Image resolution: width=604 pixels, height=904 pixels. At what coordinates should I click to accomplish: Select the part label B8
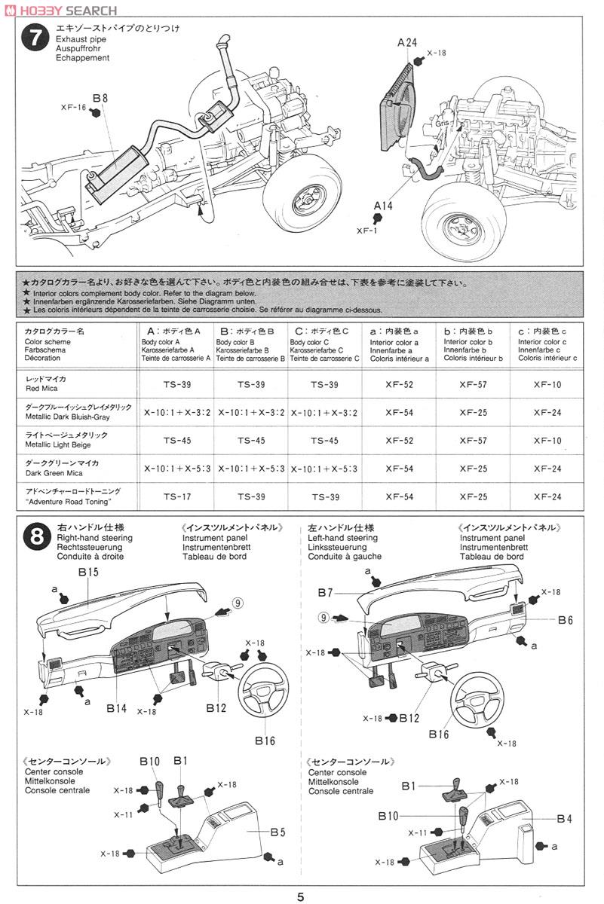(x=101, y=98)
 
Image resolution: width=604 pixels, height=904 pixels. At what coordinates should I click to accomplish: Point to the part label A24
(x=407, y=42)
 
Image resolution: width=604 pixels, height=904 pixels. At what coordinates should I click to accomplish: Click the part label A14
(x=384, y=205)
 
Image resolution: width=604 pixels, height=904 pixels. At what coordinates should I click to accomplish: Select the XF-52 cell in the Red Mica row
(x=399, y=384)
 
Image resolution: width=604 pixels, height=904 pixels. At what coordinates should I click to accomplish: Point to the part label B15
(x=88, y=573)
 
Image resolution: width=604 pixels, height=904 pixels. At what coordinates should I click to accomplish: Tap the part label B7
(x=326, y=592)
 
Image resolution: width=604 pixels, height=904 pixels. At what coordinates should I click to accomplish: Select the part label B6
(x=566, y=619)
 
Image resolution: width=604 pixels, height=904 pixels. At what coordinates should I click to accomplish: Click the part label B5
(x=277, y=832)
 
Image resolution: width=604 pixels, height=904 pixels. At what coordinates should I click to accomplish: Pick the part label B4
(x=566, y=818)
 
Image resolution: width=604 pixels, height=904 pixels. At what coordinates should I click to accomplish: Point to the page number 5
(x=301, y=896)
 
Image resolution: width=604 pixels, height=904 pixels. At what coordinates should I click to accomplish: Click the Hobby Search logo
(x=60, y=10)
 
